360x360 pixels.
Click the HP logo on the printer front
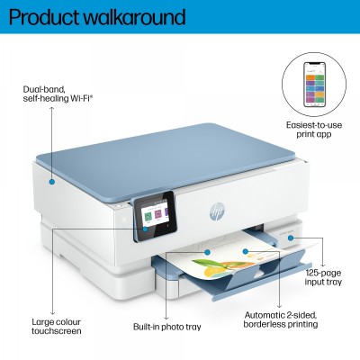(x=217, y=211)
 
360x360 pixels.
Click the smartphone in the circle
(x=314, y=85)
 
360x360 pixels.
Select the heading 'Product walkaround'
(x=97, y=17)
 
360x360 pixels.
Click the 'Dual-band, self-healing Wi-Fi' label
(x=58, y=94)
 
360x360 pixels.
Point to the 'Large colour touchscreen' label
(x=57, y=327)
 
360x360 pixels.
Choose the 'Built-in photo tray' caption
(x=167, y=327)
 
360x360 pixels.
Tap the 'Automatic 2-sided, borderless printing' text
(x=281, y=319)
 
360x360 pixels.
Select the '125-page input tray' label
(x=323, y=277)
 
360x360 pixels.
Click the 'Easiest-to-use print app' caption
(x=314, y=130)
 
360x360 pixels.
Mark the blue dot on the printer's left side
(x=52, y=182)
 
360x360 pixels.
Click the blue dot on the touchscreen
(x=145, y=229)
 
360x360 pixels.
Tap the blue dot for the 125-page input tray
(x=290, y=238)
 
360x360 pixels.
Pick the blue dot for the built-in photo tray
(x=207, y=252)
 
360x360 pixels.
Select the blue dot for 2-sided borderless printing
(x=246, y=251)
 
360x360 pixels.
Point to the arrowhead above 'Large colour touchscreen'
(x=52, y=312)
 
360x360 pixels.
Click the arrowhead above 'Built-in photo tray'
(x=166, y=318)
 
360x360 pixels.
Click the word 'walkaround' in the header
(x=135, y=17)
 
